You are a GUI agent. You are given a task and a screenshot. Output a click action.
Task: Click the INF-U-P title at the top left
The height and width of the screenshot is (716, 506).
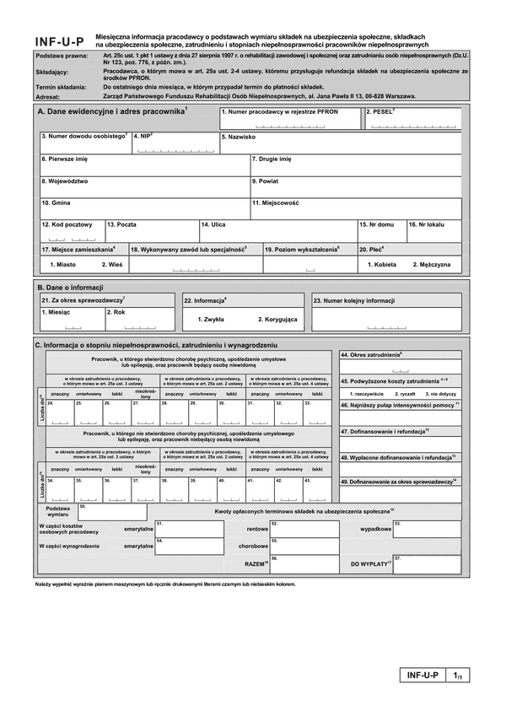click(x=59, y=41)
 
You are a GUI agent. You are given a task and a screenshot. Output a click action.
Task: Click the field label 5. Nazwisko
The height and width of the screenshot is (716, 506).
click(x=239, y=136)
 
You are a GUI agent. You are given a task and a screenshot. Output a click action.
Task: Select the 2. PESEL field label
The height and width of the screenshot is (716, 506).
click(x=380, y=111)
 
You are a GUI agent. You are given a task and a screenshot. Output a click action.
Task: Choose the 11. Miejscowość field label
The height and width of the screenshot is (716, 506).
click(x=276, y=203)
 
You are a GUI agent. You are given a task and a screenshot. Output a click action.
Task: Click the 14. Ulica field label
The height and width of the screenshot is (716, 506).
click(x=214, y=225)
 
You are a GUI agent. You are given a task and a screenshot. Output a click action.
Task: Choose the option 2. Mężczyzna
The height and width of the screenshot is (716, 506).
click(x=431, y=265)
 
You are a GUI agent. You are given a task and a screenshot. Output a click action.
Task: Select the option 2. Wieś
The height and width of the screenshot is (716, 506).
click(x=112, y=265)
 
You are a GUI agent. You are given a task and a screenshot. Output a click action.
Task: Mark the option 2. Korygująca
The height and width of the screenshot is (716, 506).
click(x=278, y=320)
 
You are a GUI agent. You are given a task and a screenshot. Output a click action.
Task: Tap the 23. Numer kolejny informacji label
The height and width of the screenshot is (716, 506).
click(x=354, y=300)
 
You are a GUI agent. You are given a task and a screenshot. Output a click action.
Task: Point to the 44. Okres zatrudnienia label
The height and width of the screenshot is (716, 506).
click(x=371, y=356)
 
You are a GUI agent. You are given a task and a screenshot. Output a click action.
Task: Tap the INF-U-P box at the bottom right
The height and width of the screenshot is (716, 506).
click(x=423, y=676)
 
